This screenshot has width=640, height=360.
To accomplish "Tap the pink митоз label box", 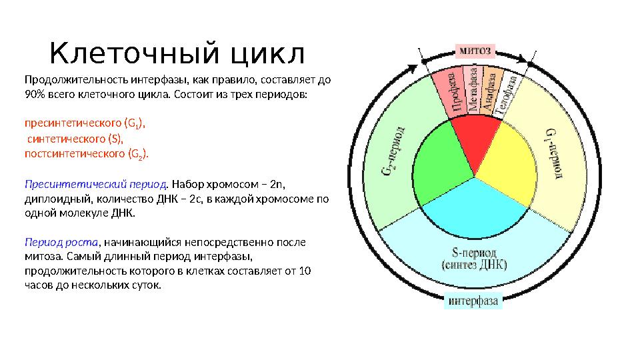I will [x=475, y=50].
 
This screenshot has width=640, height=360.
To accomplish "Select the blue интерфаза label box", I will [x=473, y=301].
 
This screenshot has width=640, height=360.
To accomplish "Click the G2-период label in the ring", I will [x=391, y=153].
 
